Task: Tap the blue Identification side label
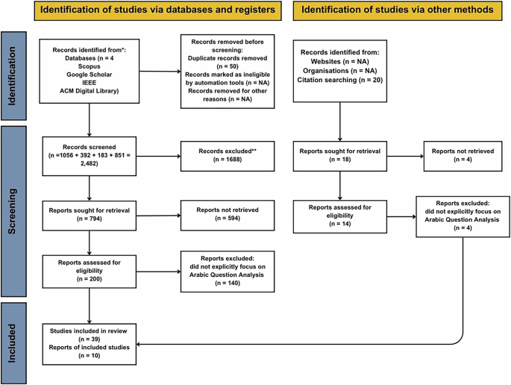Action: [14, 75]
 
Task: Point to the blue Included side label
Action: [14, 342]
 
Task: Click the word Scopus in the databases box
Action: [90, 66]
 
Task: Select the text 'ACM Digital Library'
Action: [90, 90]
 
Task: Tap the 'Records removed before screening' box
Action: [227, 72]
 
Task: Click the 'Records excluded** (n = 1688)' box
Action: [227, 155]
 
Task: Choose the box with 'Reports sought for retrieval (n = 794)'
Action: [90, 215]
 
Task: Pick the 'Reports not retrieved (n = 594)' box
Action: [227, 215]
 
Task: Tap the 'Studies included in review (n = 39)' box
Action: [90, 343]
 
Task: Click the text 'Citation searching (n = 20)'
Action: [339, 79]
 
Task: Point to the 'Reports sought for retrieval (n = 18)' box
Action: [339, 156]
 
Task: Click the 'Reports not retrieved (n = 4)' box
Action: [463, 156]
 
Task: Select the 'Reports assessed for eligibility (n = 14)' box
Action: [339, 216]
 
